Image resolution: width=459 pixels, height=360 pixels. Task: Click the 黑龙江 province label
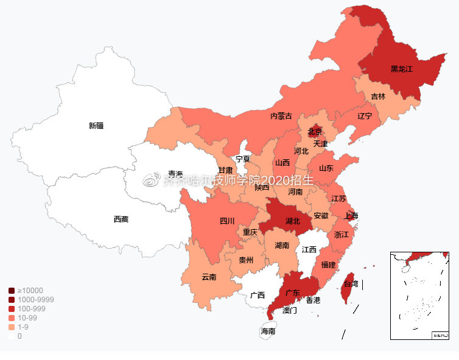coord(401,69)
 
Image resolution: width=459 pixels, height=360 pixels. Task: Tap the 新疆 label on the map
coord(96,126)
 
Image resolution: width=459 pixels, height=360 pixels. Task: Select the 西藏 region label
coord(121,219)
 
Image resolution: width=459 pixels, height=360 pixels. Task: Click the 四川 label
coord(227,221)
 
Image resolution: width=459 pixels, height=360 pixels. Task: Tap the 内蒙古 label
coord(281,116)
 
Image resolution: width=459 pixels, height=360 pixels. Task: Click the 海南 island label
coord(268,331)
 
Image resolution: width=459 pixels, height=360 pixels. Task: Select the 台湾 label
coord(351,283)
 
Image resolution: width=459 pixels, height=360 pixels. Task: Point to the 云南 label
coord(209,277)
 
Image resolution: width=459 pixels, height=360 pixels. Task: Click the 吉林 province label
coord(378,96)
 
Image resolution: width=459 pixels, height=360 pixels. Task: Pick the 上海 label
coord(351,216)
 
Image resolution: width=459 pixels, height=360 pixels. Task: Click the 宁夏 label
coord(243,159)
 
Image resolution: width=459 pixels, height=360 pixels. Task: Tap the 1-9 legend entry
coord(23,327)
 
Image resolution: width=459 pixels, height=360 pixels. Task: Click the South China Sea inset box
coord(420,295)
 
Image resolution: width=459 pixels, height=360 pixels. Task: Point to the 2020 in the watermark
coord(266,180)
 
